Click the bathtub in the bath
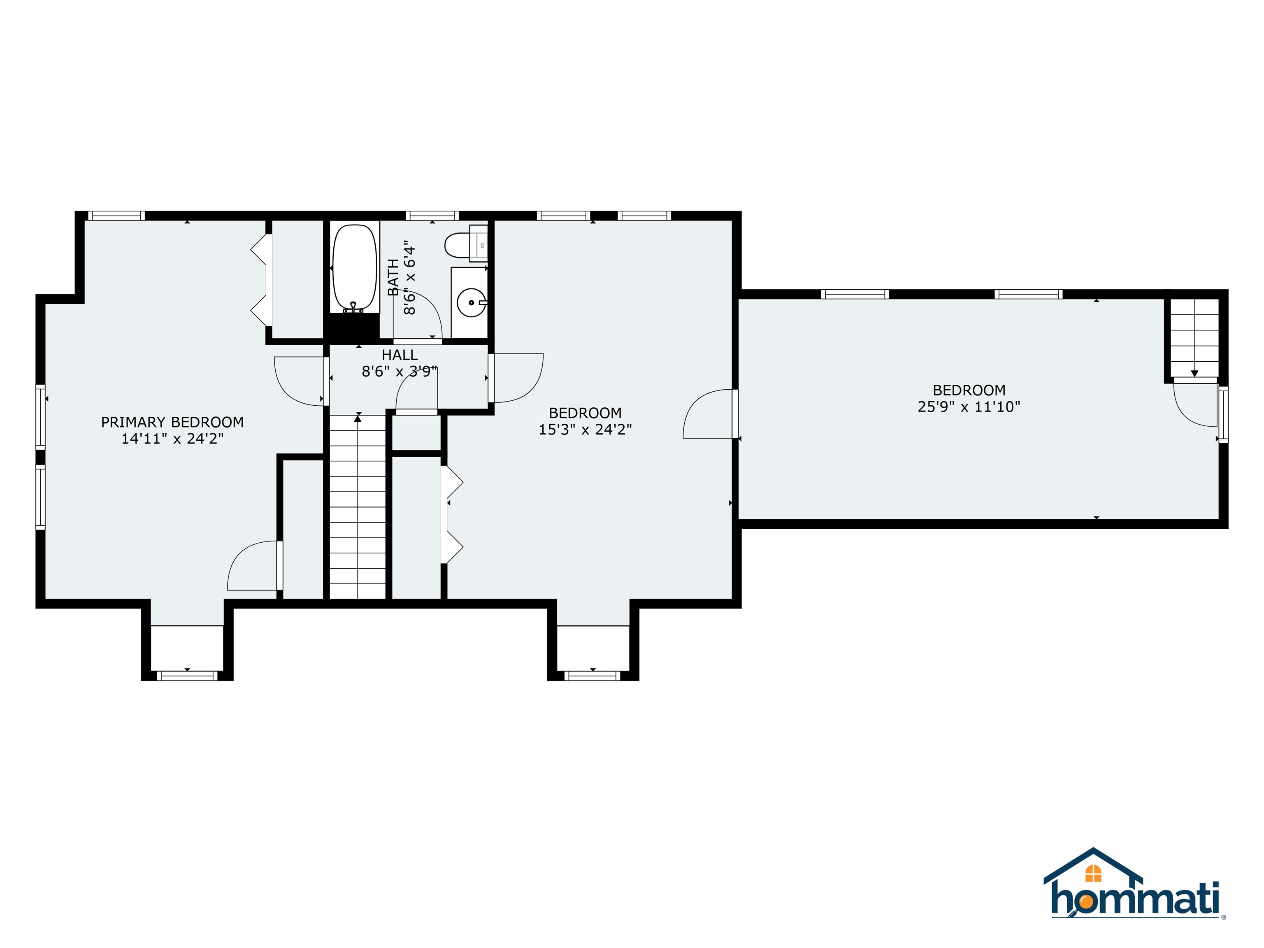[x=355, y=267]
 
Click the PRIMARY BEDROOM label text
[x=172, y=422]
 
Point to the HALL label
[x=400, y=355]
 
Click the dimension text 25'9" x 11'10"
[x=969, y=407]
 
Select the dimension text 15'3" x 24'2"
[x=585, y=430]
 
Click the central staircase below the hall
[x=358, y=509]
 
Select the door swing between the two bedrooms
[x=709, y=414]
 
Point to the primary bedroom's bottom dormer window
[x=188, y=676]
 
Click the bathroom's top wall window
[x=432, y=216]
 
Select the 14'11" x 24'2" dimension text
[x=172, y=439]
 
